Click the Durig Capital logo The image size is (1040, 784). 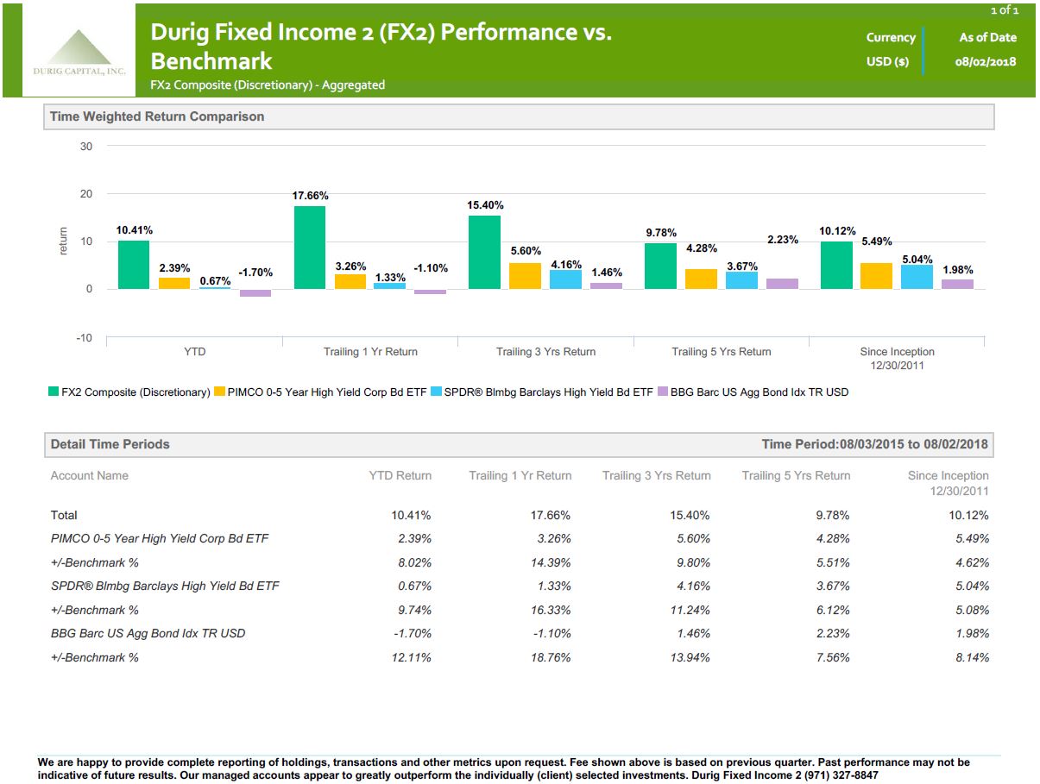79,53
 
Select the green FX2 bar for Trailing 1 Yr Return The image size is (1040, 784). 310,248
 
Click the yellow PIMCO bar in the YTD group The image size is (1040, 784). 174,283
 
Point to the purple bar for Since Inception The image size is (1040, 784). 957,284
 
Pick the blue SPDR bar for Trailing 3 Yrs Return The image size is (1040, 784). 565,279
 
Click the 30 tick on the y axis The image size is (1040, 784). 86,146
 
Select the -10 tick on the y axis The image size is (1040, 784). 84,338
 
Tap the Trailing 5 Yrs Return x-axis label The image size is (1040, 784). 722,352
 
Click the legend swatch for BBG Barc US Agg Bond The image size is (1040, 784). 662,392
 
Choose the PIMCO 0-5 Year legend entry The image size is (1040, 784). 326,392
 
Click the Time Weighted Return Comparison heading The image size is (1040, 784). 157,116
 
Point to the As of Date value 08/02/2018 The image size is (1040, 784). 986,62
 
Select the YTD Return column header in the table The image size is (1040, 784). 399,475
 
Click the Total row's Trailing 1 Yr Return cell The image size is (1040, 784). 550,515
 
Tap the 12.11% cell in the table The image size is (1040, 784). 411,657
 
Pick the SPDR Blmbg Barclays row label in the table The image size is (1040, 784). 165,586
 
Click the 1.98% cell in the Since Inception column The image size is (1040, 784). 971,633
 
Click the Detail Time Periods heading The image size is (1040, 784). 110,444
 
